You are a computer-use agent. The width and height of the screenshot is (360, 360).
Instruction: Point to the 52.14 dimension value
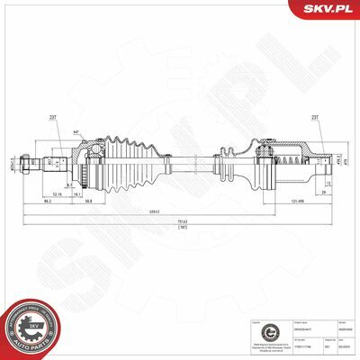[x=57, y=192]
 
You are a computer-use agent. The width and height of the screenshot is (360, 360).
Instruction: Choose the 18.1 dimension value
[x=78, y=192]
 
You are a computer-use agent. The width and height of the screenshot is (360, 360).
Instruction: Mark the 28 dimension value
[x=322, y=192]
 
